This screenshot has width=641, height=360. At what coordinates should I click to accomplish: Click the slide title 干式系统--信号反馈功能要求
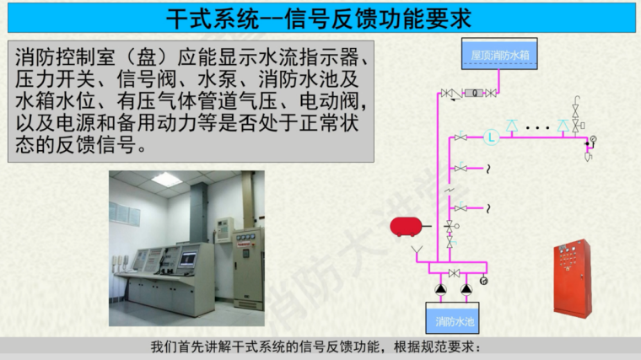319,19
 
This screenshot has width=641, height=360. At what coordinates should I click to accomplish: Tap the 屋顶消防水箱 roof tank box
499,54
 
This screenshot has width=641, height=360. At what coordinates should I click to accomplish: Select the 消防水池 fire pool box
453,318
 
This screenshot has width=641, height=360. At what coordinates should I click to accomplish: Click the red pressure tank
406,227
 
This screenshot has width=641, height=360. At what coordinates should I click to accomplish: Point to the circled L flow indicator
492,137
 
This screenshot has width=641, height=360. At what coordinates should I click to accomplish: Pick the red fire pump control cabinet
573,279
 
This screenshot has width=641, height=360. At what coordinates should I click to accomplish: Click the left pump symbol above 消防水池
440,289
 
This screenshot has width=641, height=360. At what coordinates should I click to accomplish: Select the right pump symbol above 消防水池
466,289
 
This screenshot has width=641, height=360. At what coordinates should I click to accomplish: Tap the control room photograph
186,249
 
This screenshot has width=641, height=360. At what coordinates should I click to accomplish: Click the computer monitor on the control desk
188,259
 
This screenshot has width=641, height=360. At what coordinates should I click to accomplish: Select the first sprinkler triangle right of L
511,126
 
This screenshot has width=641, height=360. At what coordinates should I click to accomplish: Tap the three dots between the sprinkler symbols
537,128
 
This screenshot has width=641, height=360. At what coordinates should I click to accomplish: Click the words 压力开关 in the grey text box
55,79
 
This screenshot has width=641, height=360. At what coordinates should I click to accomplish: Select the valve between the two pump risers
454,273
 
